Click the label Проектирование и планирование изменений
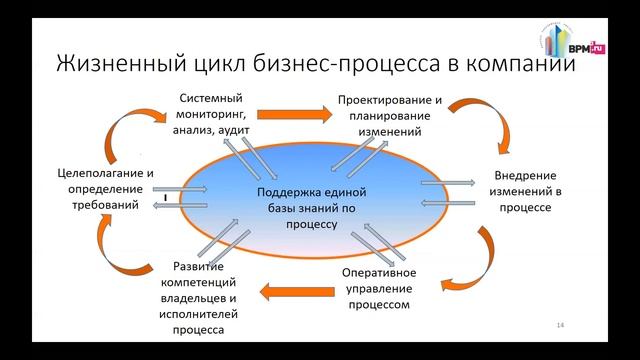pyautogui.click(x=390, y=116)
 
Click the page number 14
pyautogui.click(x=560, y=327)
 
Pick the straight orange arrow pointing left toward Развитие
pyautogui.click(x=292, y=292)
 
